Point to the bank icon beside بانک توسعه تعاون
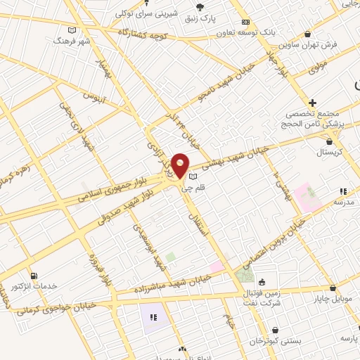[x=245, y=22]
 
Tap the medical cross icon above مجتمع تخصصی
[x=313, y=103]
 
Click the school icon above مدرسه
[x=343, y=191]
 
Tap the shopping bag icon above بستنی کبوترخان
[x=275, y=330]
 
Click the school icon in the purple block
[x=153, y=317]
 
